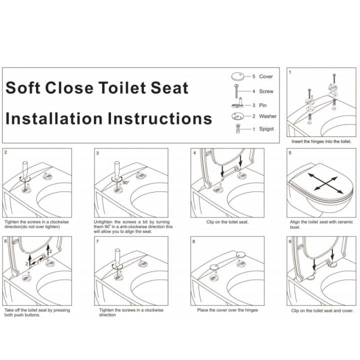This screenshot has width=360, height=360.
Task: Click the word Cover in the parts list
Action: click(x=266, y=76)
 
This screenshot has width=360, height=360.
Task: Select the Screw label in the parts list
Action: click(x=266, y=91)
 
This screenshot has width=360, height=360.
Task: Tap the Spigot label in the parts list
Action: click(x=266, y=129)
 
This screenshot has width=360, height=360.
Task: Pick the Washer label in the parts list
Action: click(x=267, y=116)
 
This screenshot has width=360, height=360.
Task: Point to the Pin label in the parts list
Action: click(x=263, y=105)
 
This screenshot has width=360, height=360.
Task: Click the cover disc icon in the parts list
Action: click(x=238, y=76)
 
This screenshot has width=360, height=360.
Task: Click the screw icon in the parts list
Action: click(x=236, y=91)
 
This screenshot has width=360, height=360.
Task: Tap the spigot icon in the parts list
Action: click(x=238, y=129)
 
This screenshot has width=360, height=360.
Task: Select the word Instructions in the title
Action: click(x=159, y=118)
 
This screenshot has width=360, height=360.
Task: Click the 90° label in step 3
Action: click(x=126, y=183)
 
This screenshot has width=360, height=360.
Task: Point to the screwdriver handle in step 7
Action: click(x=117, y=256)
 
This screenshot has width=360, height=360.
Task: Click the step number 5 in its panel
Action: click(x=290, y=153)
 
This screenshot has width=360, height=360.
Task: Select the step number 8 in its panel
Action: click(x=194, y=241)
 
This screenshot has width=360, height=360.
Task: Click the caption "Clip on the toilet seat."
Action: click(x=227, y=222)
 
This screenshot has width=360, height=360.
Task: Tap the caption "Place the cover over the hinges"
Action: click(x=227, y=310)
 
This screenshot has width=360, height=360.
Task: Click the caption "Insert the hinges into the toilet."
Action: click(x=321, y=141)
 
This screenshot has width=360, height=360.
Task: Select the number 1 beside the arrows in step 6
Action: click(x=38, y=263)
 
